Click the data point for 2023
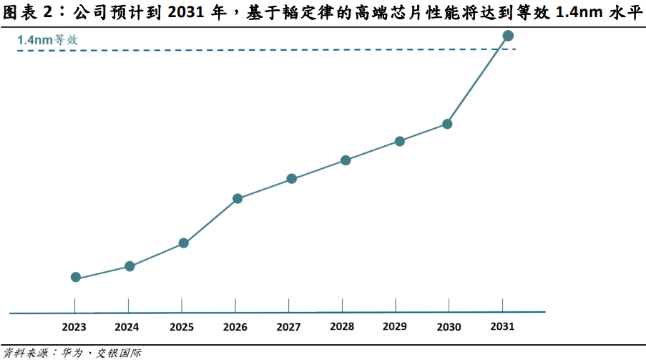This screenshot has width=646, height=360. pos(75,277)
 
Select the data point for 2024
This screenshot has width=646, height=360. pos(129,266)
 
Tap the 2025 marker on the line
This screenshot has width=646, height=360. pos(183,243)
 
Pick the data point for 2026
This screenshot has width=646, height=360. pos(238,199)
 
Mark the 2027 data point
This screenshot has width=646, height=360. pos(292,179)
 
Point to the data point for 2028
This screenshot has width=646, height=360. pos(346,160)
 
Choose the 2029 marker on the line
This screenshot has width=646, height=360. pos(400,142)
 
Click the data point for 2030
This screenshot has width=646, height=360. pos(447,124)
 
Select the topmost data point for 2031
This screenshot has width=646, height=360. pos(508,36)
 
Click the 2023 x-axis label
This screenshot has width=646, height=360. pos(74,327)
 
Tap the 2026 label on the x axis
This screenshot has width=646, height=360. pos(235,327)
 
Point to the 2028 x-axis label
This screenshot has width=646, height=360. pos(342,326)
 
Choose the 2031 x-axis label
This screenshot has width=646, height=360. pos(502,326)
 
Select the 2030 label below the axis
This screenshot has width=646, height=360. pos(449,327)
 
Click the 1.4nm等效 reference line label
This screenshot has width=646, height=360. pos(47,40)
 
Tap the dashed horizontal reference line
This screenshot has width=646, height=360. pos(267,50)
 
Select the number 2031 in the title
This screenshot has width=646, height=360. pos(185,13)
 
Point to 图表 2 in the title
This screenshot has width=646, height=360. pos(28,12)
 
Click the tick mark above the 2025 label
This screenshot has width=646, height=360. pos(182,306)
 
